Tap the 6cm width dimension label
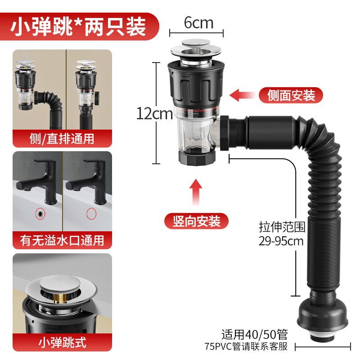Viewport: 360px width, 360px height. pos(198,23)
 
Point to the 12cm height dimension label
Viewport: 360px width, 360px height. pos(154,114)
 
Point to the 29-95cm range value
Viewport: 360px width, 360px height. pos(281,241)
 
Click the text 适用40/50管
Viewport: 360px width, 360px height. pos(254,334)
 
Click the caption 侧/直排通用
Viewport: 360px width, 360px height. pos(62,138)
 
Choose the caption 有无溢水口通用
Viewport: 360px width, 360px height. pos(62,240)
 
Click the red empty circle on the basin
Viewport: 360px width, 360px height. pos(92,213)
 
